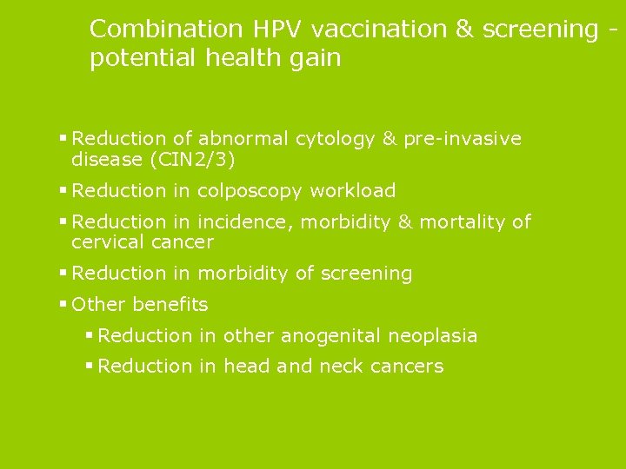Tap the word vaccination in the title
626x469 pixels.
click(379, 29)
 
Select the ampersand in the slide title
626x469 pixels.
click(465, 29)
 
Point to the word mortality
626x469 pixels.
click(461, 222)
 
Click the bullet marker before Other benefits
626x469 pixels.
click(63, 305)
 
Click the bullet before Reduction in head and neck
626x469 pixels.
click(89, 367)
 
